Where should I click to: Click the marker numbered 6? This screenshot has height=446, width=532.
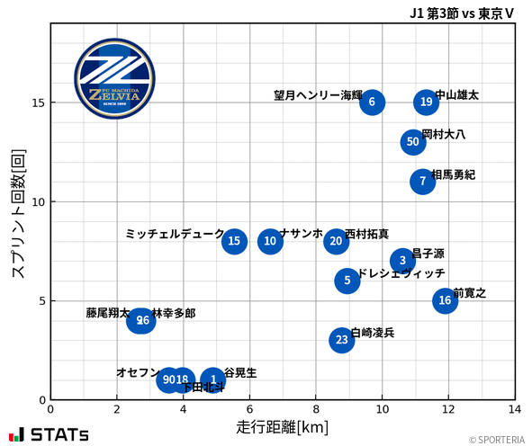(x=372, y=102)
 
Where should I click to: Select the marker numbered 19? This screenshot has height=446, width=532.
(x=426, y=102)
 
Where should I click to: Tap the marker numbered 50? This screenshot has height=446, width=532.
(x=412, y=141)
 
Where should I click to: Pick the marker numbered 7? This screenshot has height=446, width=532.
(x=422, y=181)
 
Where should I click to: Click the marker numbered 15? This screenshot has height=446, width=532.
(x=234, y=240)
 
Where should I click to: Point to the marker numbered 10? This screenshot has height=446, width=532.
(x=270, y=240)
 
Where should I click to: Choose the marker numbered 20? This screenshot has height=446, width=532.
(x=336, y=240)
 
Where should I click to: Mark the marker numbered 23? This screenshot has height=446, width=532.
(x=341, y=339)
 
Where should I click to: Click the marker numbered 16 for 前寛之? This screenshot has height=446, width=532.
(x=445, y=299)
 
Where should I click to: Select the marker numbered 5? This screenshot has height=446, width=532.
(x=347, y=280)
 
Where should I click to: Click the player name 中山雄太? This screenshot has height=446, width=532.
(x=456, y=94)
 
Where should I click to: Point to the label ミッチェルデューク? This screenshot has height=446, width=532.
(x=175, y=234)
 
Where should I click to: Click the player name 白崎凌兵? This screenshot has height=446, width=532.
(x=372, y=333)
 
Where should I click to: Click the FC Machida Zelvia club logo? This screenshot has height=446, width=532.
(x=107, y=80)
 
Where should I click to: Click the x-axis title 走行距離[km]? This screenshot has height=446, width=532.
(x=283, y=425)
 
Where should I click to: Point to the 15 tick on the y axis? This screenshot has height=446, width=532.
(x=39, y=103)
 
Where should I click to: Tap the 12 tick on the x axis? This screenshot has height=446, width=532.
(x=448, y=409)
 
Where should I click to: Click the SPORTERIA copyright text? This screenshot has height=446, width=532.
(x=496, y=439)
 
